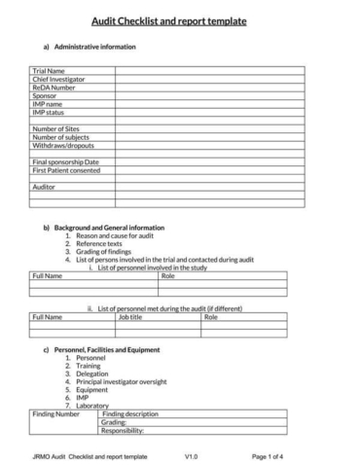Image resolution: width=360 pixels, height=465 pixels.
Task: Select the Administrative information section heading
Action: (88, 46)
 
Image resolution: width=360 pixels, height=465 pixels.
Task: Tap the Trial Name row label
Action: (48, 71)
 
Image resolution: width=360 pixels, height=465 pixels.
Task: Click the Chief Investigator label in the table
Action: (57, 79)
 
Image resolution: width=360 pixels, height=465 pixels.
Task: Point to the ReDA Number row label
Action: (53, 88)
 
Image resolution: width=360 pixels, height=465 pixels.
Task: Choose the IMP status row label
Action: (48, 113)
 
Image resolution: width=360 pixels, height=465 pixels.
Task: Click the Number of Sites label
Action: (55, 129)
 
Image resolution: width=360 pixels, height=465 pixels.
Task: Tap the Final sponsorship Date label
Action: (65, 162)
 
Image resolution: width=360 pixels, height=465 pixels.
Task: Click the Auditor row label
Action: (44, 187)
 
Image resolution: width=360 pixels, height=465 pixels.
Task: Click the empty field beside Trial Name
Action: (208, 71)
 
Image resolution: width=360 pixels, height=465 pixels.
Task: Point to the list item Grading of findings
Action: (105, 251)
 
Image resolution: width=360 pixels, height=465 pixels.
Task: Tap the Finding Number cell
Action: (55, 413)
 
